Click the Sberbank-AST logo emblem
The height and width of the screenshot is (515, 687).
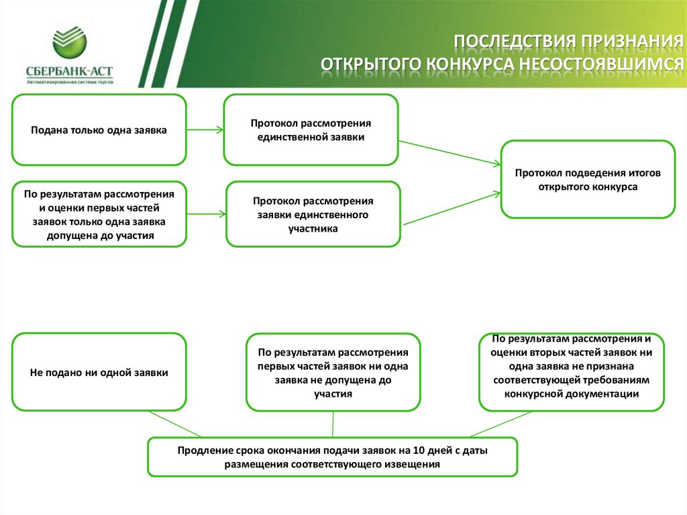click(x=70, y=43)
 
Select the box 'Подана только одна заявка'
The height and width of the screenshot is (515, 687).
click(x=99, y=130)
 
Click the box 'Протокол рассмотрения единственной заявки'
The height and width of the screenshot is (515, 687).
click(x=311, y=130)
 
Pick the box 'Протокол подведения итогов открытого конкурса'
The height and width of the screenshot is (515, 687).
click(x=588, y=179)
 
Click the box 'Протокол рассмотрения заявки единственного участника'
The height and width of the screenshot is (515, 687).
click(x=313, y=214)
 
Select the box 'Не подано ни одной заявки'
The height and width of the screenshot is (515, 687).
click(x=99, y=372)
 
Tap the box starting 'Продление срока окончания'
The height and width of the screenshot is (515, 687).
click(x=333, y=457)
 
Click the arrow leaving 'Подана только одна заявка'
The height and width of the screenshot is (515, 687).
click(x=205, y=130)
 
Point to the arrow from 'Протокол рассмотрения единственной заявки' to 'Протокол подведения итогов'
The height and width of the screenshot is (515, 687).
click(x=450, y=151)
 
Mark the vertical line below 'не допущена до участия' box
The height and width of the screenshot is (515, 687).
click(x=333, y=424)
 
